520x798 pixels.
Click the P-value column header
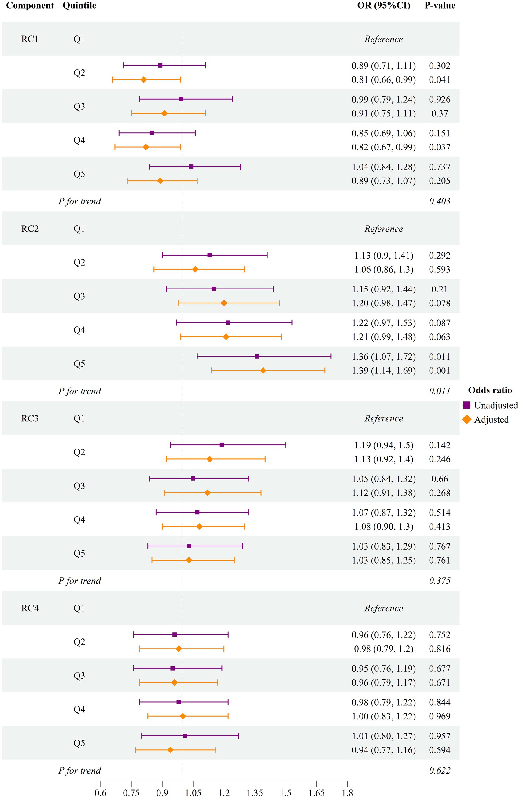440,6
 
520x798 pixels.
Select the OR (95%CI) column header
384,6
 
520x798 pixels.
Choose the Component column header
30,6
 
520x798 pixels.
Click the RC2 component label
30,229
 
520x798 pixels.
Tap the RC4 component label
30,608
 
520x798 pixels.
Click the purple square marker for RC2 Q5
257,356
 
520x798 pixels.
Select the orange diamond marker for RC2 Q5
263,370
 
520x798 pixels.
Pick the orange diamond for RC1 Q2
143,80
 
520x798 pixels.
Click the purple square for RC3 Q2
222,445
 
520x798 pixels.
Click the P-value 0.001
440,370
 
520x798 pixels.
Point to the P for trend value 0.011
440,391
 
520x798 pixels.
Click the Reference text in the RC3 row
384,418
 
